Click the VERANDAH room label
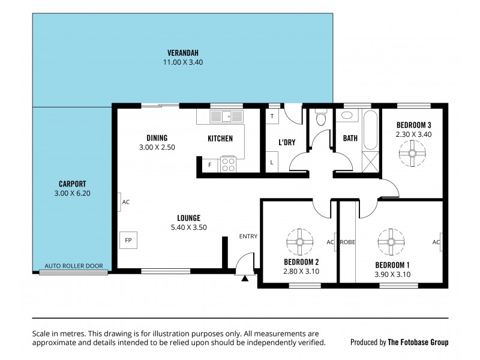[183, 52]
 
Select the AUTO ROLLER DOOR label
[74, 266]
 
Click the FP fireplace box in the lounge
[128, 240]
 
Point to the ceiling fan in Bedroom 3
[413, 154]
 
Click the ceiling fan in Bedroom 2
[298, 242]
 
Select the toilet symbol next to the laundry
[321, 118]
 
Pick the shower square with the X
[371, 161]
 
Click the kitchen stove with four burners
[229, 164]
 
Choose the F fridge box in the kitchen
[209, 164]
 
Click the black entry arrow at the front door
[245, 278]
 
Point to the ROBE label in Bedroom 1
[348, 242]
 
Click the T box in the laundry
[272, 116]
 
